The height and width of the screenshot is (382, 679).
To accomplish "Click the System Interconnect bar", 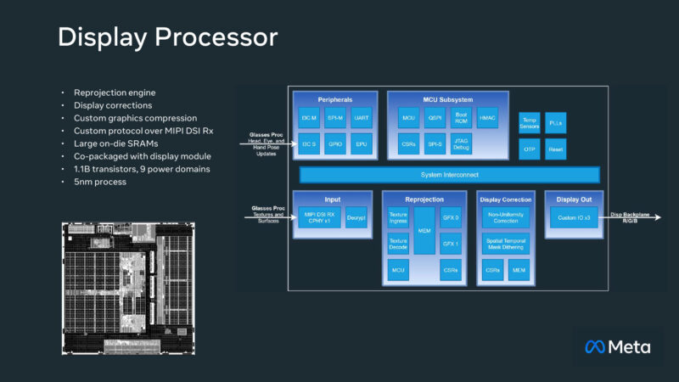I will (449, 175).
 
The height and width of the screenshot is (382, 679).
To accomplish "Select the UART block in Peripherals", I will (361, 118).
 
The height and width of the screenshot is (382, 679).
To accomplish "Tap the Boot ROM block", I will (461, 118).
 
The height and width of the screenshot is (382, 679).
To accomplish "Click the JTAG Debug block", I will (461, 143).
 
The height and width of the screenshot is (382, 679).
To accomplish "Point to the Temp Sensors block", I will (530, 122).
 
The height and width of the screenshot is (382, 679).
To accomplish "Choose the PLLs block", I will (555, 122).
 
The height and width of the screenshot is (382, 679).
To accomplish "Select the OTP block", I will (530, 149).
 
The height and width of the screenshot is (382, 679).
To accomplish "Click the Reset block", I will (555, 149).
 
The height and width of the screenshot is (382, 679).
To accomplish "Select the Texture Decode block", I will (398, 244).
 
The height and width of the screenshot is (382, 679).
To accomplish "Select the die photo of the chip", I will (128, 288).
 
